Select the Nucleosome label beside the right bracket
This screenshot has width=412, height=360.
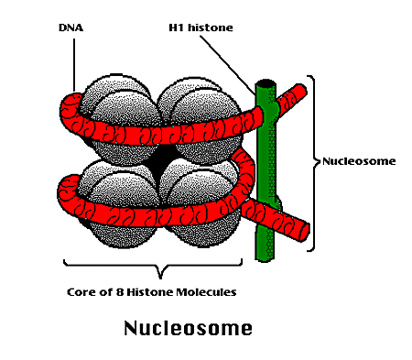(359, 161)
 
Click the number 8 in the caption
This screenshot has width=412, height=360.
(121, 293)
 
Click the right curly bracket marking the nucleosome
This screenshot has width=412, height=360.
(315, 161)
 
